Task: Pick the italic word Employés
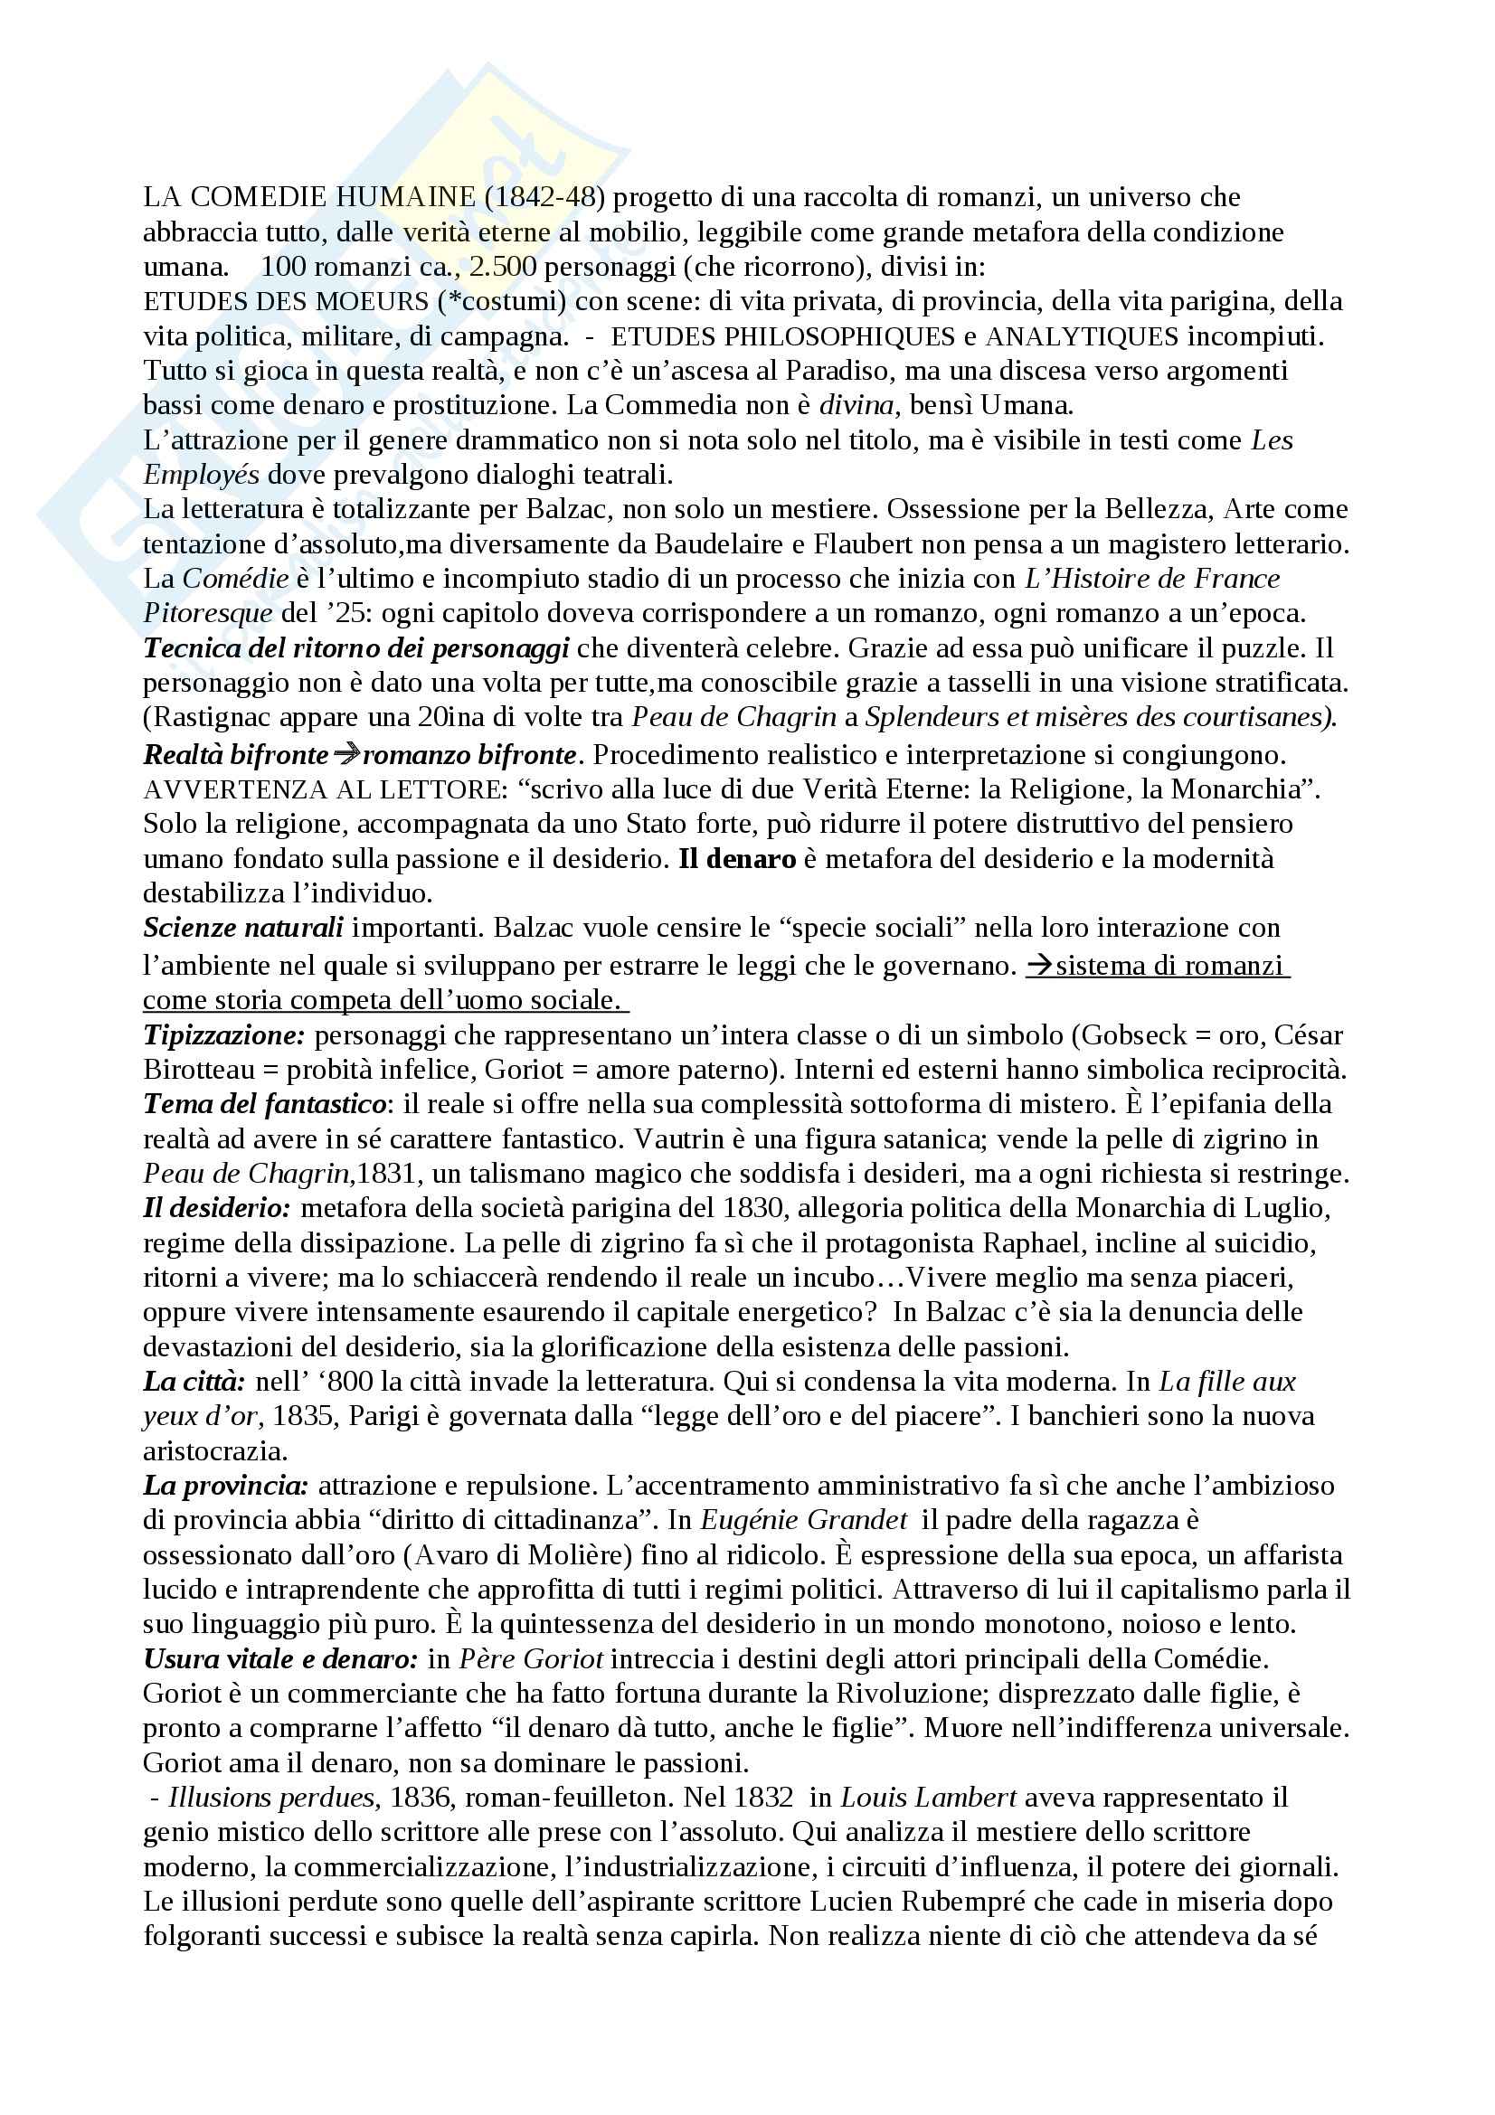click(x=200, y=476)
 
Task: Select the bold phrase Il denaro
click(x=737, y=859)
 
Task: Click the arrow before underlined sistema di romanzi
click(x=1040, y=967)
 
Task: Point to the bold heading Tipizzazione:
click(x=223, y=1035)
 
